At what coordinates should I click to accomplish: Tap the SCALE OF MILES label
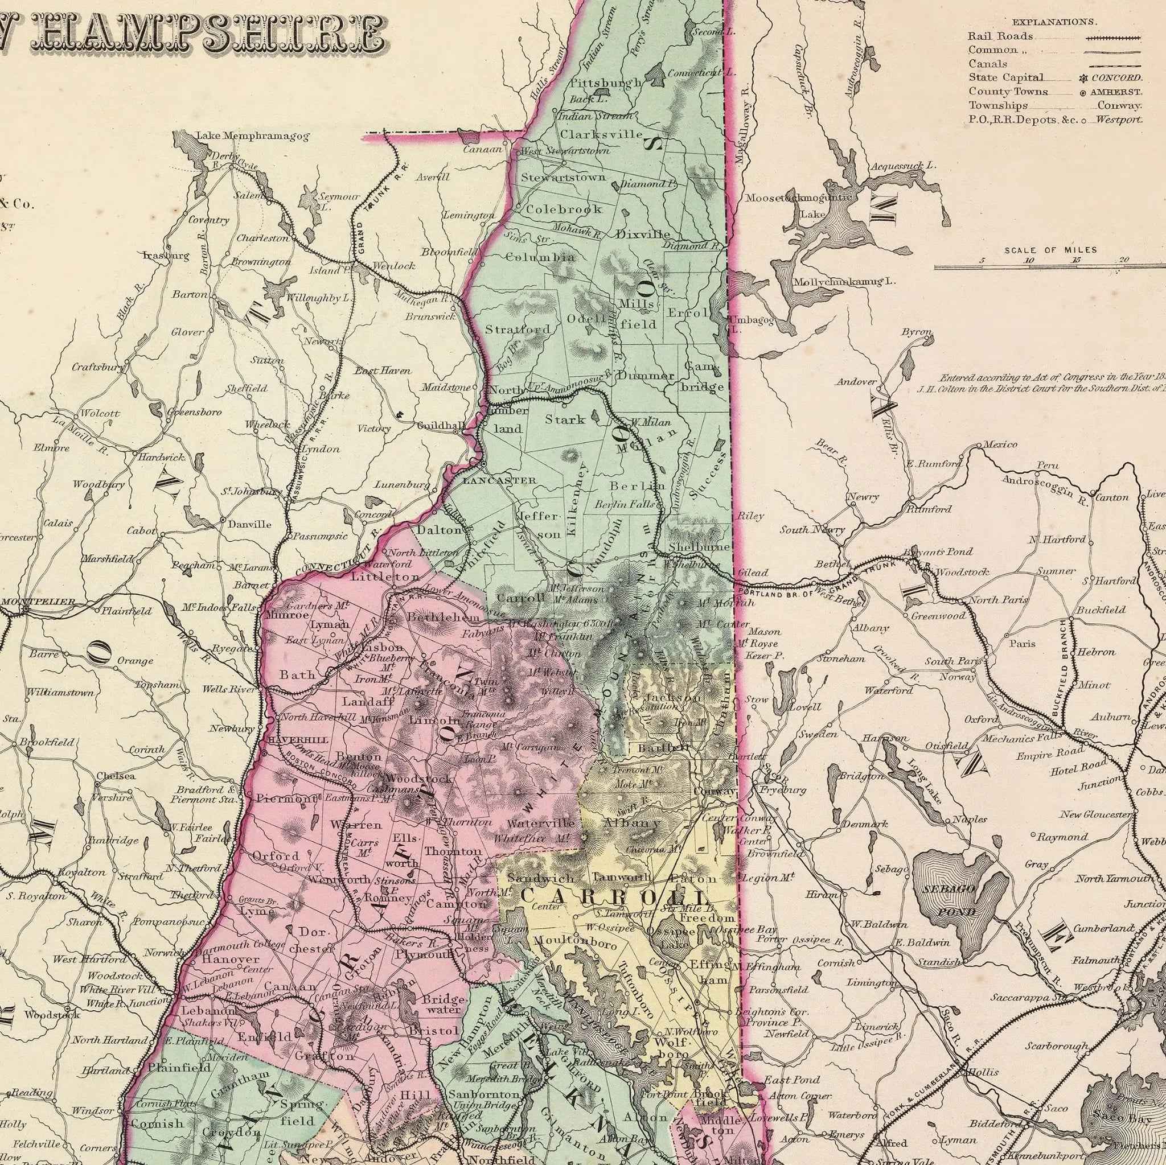pos(1050,250)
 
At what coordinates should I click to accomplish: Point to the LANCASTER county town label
pos(499,481)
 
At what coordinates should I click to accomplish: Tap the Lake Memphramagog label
pos(253,137)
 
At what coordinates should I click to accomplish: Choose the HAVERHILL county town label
pos(298,740)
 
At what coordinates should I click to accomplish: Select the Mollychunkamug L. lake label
pos(844,282)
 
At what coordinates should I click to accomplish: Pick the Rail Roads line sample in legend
pos(1113,37)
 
